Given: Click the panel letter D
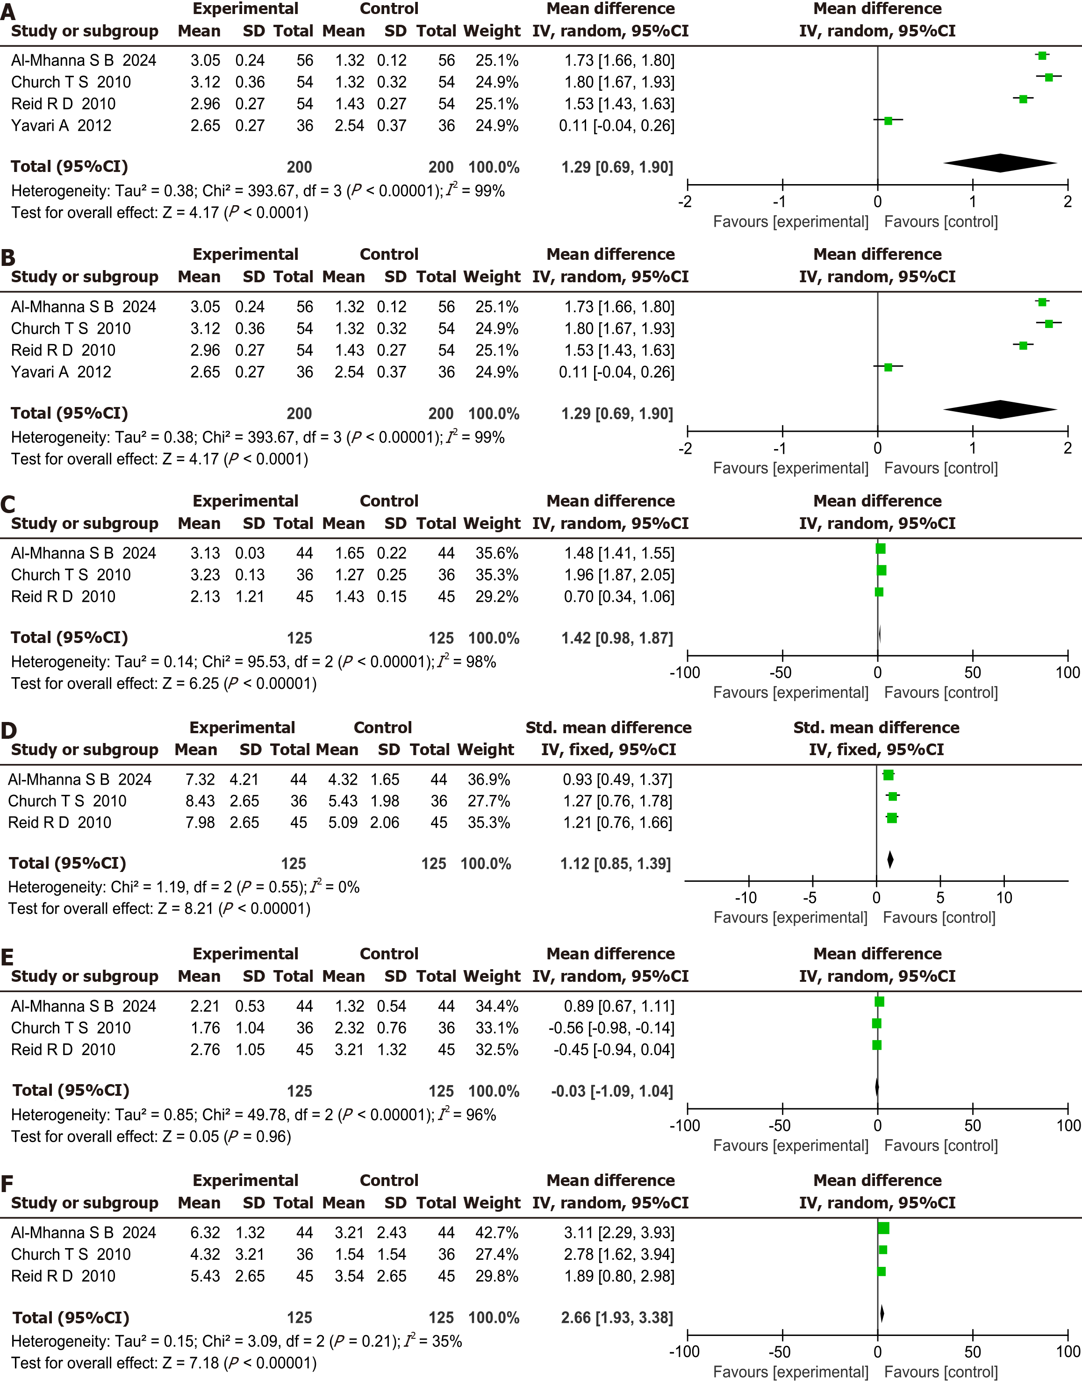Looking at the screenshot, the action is [x=9, y=730].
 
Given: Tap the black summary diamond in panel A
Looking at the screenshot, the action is [x=1000, y=163].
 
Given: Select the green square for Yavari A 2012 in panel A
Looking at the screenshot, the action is [x=888, y=121].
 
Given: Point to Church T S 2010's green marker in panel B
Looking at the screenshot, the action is [x=1049, y=324].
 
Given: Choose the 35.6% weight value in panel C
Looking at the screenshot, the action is [x=497, y=553].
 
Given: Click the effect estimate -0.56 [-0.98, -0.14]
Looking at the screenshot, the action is [x=611, y=1028].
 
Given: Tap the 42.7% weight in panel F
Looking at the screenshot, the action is [x=497, y=1233].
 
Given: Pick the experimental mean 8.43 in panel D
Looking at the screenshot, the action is [x=200, y=801].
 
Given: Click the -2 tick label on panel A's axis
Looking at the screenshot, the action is [x=685, y=202].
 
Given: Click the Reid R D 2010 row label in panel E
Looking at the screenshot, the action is [x=64, y=1050].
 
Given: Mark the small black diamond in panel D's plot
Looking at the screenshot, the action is [x=890, y=860].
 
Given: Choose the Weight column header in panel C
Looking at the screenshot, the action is [x=492, y=523].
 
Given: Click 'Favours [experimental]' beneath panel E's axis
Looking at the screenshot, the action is [x=791, y=1145].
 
